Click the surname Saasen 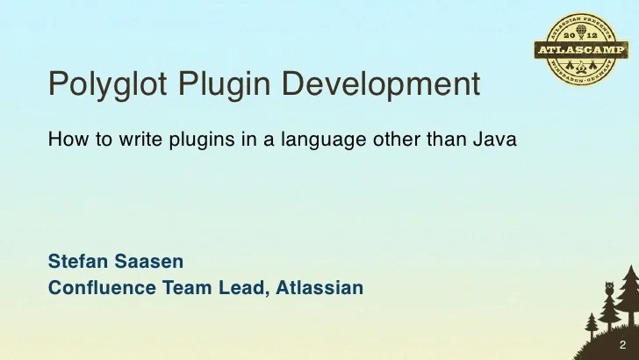pos(150,261)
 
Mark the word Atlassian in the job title pos(319,287)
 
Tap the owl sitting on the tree pos(610,287)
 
